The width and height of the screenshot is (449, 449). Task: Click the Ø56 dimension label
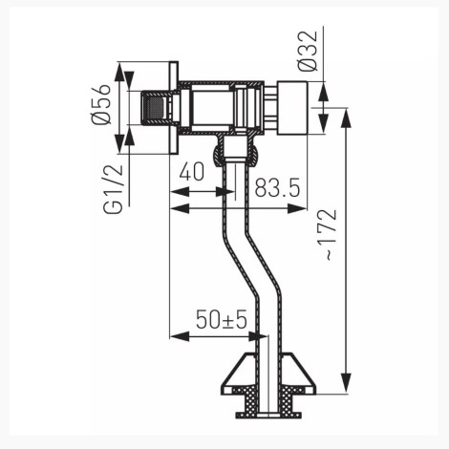pos(101,104)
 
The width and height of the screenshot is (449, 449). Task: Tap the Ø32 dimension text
pos(308,51)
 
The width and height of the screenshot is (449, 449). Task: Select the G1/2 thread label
pos(113,189)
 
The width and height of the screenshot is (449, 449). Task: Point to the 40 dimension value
pos(192,171)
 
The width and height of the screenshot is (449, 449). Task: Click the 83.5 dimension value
pos(277,187)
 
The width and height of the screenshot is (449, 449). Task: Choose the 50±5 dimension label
pos(222,319)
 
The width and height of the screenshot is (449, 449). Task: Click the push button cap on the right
pos(292,108)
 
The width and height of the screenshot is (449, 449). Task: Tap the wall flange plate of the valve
pos(174,108)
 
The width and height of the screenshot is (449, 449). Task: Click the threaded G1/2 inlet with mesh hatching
pos(156,108)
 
